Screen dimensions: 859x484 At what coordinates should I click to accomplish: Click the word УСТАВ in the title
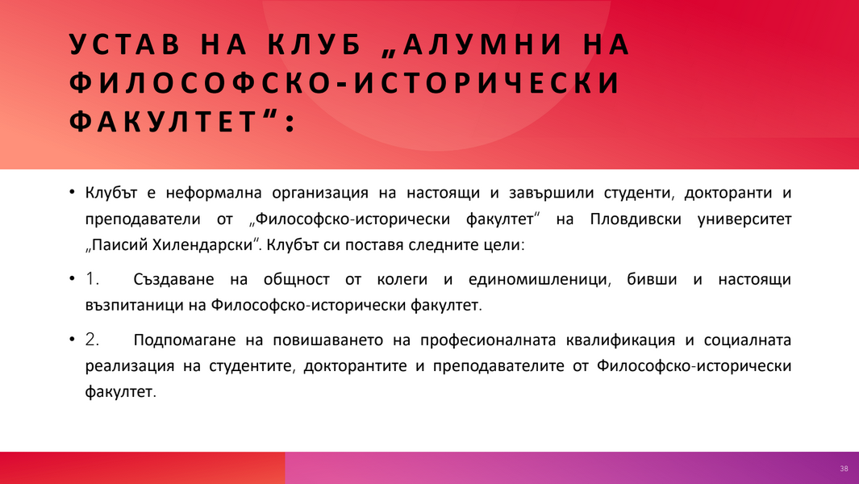(125, 44)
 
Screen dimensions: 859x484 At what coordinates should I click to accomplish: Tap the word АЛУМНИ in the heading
(483, 44)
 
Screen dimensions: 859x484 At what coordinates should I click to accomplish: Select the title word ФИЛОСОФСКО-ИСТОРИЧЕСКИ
(344, 83)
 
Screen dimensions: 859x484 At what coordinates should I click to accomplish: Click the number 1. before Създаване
(92, 279)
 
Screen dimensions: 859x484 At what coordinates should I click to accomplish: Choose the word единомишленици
(538, 280)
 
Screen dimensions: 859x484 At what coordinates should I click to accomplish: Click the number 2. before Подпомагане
(92, 340)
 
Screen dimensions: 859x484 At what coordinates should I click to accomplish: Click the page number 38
(844, 469)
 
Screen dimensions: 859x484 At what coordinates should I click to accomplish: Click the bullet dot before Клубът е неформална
(72, 193)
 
